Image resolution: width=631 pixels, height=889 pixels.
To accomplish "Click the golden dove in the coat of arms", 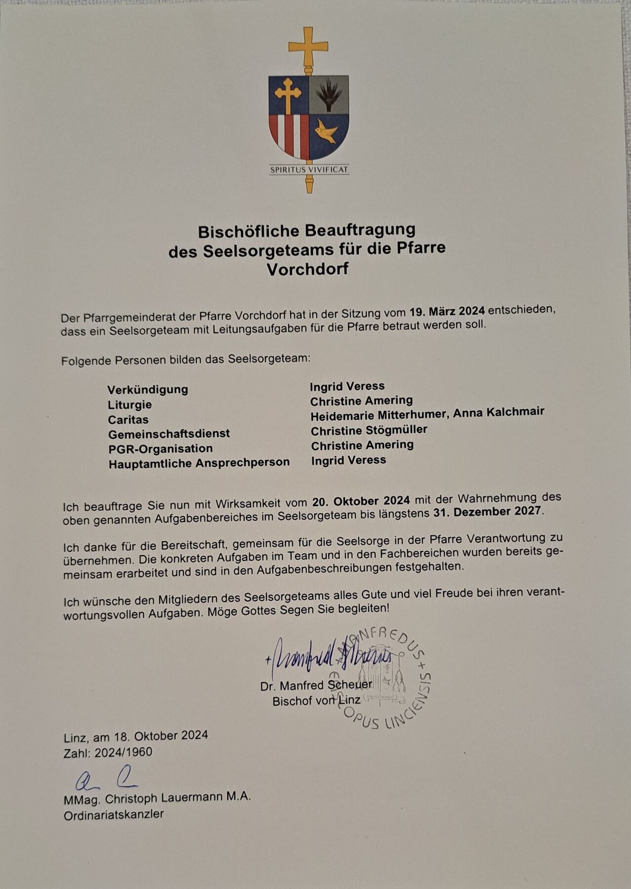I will [x=327, y=131].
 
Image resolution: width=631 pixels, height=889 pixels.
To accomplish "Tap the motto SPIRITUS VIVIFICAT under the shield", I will [x=309, y=170].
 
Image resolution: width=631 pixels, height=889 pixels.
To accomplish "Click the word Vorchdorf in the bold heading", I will [x=307, y=270].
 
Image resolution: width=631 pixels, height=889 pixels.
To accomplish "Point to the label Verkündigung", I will [x=148, y=390].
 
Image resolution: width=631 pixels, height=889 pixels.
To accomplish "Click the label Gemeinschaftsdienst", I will [x=169, y=434].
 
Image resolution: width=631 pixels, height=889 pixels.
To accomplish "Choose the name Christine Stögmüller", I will [x=369, y=430].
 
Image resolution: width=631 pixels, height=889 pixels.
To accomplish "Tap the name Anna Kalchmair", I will [x=499, y=412].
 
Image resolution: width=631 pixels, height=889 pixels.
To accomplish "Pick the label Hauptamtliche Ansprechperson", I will [x=199, y=463].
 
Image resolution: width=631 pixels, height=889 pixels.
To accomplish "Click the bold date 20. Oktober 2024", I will [x=361, y=502].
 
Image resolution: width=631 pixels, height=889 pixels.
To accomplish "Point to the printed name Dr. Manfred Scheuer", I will [x=316, y=686].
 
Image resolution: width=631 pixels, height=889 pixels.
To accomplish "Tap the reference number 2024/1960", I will [x=124, y=752].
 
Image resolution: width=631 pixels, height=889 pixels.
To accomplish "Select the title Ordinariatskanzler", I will [x=114, y=815].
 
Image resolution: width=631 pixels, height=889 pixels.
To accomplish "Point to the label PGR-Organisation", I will [x=161, y=449].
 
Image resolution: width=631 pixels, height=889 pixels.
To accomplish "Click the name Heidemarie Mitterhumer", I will [x=379, y=414].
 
